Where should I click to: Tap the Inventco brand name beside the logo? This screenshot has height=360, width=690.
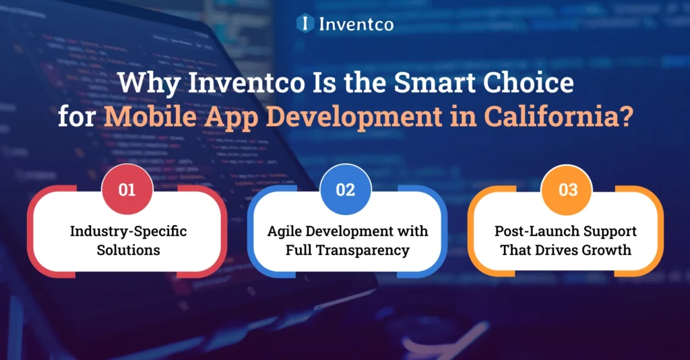(355, 24)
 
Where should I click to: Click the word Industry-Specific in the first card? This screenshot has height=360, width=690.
(128, 231)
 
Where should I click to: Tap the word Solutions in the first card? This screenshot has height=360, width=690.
(128, 250)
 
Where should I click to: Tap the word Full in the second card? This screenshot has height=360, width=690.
(299, 250)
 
